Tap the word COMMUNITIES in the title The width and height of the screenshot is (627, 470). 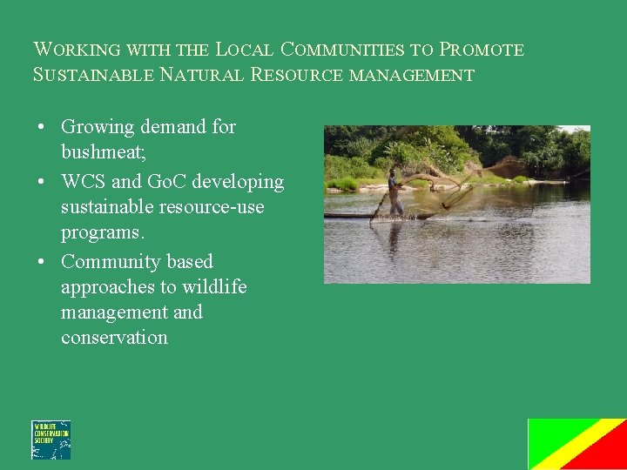point(344,50)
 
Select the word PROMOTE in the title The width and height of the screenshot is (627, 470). point(482,50)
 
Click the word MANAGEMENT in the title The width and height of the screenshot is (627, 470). point(411,75)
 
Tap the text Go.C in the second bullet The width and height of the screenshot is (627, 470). point(165,182)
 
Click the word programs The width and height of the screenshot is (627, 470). point(102,233)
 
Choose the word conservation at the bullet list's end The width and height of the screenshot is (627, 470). point(114,338)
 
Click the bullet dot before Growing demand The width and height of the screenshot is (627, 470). point(42,127)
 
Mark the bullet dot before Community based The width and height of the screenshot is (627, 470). point(42,262)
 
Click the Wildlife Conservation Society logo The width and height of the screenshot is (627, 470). point(51,440)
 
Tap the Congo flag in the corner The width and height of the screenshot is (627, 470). point(576,444)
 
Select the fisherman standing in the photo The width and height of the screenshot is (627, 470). point(394,192)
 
